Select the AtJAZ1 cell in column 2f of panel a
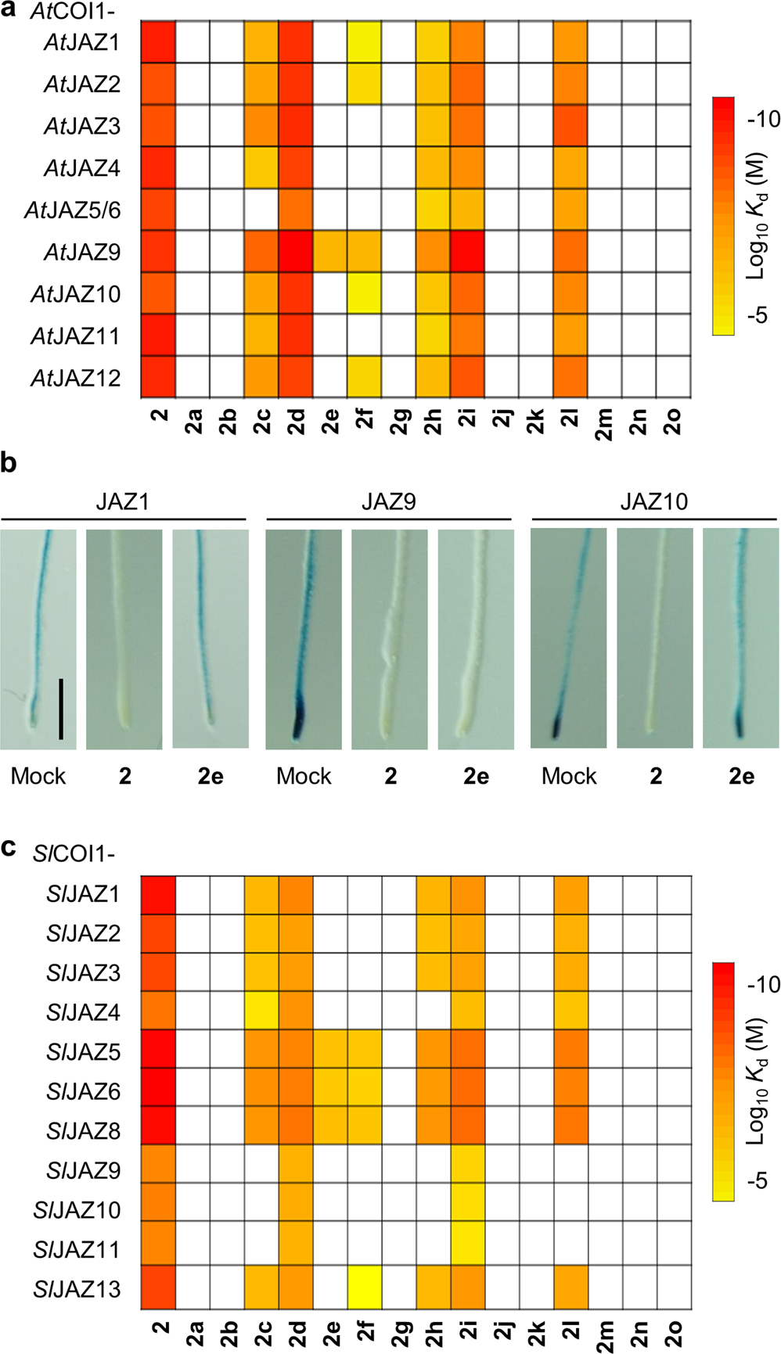point(364,42)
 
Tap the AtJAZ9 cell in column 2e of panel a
point(329,251)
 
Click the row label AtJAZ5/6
point(73,210)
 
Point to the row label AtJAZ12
point(76,378)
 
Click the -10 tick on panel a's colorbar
point(763,119)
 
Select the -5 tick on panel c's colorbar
point(763,1180)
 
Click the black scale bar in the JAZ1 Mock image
point(60,709)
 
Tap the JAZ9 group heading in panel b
point(388,501)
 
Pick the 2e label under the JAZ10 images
point(740,776)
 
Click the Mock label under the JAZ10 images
point(569,776)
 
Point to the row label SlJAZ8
point(83,1131)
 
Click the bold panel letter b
point(9,463)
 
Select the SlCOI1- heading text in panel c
point(74,853)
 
